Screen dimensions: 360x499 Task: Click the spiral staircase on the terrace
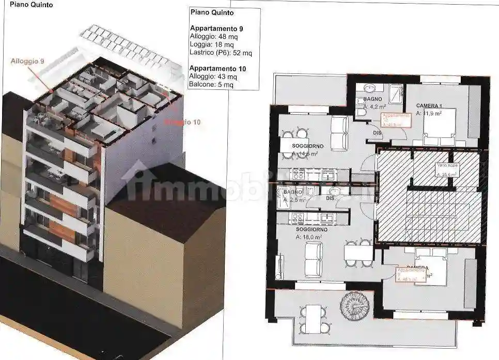point(352,305)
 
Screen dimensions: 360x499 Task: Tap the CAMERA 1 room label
point(428,106)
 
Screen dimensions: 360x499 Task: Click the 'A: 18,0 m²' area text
point(309,237)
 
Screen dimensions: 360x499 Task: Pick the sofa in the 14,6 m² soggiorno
point(339,132)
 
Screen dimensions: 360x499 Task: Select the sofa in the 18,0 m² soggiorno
point(313,259)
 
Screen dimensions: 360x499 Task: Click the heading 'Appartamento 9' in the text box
point(211,28)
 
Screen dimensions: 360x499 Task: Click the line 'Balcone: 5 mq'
point(211,85)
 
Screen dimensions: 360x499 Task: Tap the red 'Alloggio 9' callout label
point(27,61)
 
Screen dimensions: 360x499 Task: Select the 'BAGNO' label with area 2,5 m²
point(285,192)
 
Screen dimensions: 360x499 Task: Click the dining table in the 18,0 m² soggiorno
point(358,253)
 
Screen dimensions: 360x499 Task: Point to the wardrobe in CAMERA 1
point(474,111)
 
